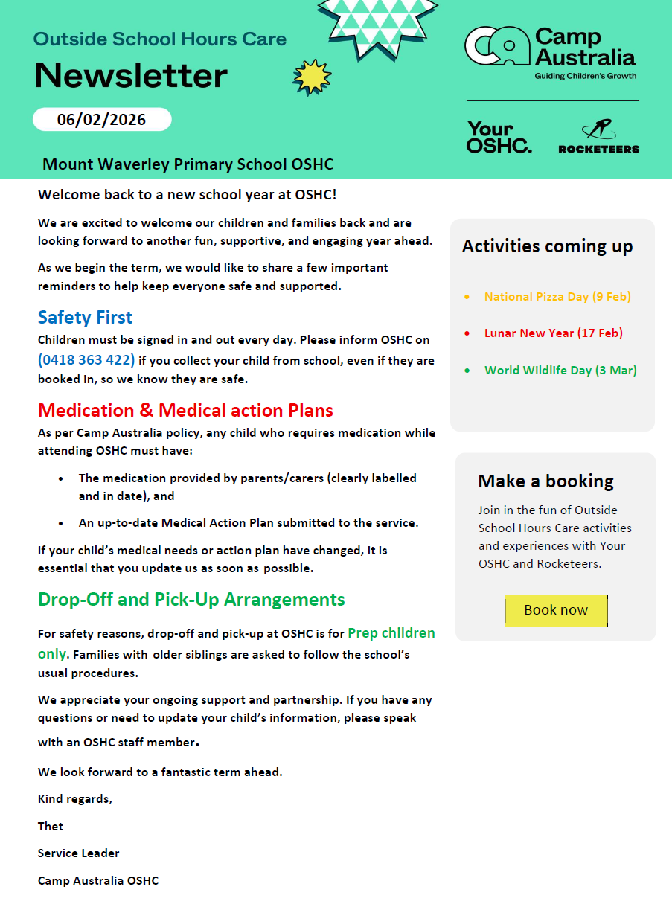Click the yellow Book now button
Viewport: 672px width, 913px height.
556,610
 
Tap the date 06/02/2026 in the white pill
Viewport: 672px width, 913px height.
102,119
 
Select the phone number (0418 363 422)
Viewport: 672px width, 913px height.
86,360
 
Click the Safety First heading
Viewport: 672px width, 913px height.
85,318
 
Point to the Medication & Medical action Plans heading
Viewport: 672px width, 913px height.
185,410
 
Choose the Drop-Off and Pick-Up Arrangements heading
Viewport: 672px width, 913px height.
191,600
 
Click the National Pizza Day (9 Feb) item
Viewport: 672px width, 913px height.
557,297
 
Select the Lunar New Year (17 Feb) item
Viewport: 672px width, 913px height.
553,333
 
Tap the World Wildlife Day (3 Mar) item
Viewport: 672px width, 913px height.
560,370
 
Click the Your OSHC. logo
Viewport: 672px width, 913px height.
499,138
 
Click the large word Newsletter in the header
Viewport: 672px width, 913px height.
131,76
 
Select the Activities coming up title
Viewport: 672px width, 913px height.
547,246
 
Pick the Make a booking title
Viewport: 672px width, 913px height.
545,481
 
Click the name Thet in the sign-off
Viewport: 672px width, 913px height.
51,827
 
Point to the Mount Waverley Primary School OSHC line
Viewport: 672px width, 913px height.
188,164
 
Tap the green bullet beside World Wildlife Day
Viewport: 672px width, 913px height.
467,370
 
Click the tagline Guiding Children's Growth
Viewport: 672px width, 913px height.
586,76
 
